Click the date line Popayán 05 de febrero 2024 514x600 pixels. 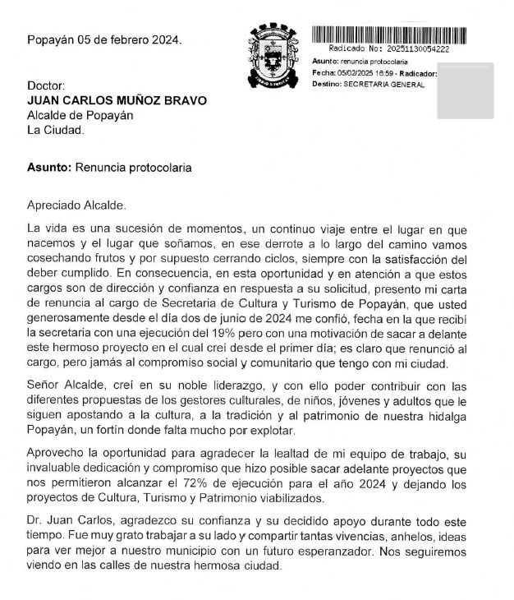[x=104, y=39]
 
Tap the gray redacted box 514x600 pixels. [x=466, y=100]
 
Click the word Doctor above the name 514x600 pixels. [x=45, y=85]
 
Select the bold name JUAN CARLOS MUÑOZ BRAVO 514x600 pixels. [x=117, y=100]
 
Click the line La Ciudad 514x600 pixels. [x=55, y=130]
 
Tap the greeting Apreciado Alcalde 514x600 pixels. [x=78, y=205]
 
